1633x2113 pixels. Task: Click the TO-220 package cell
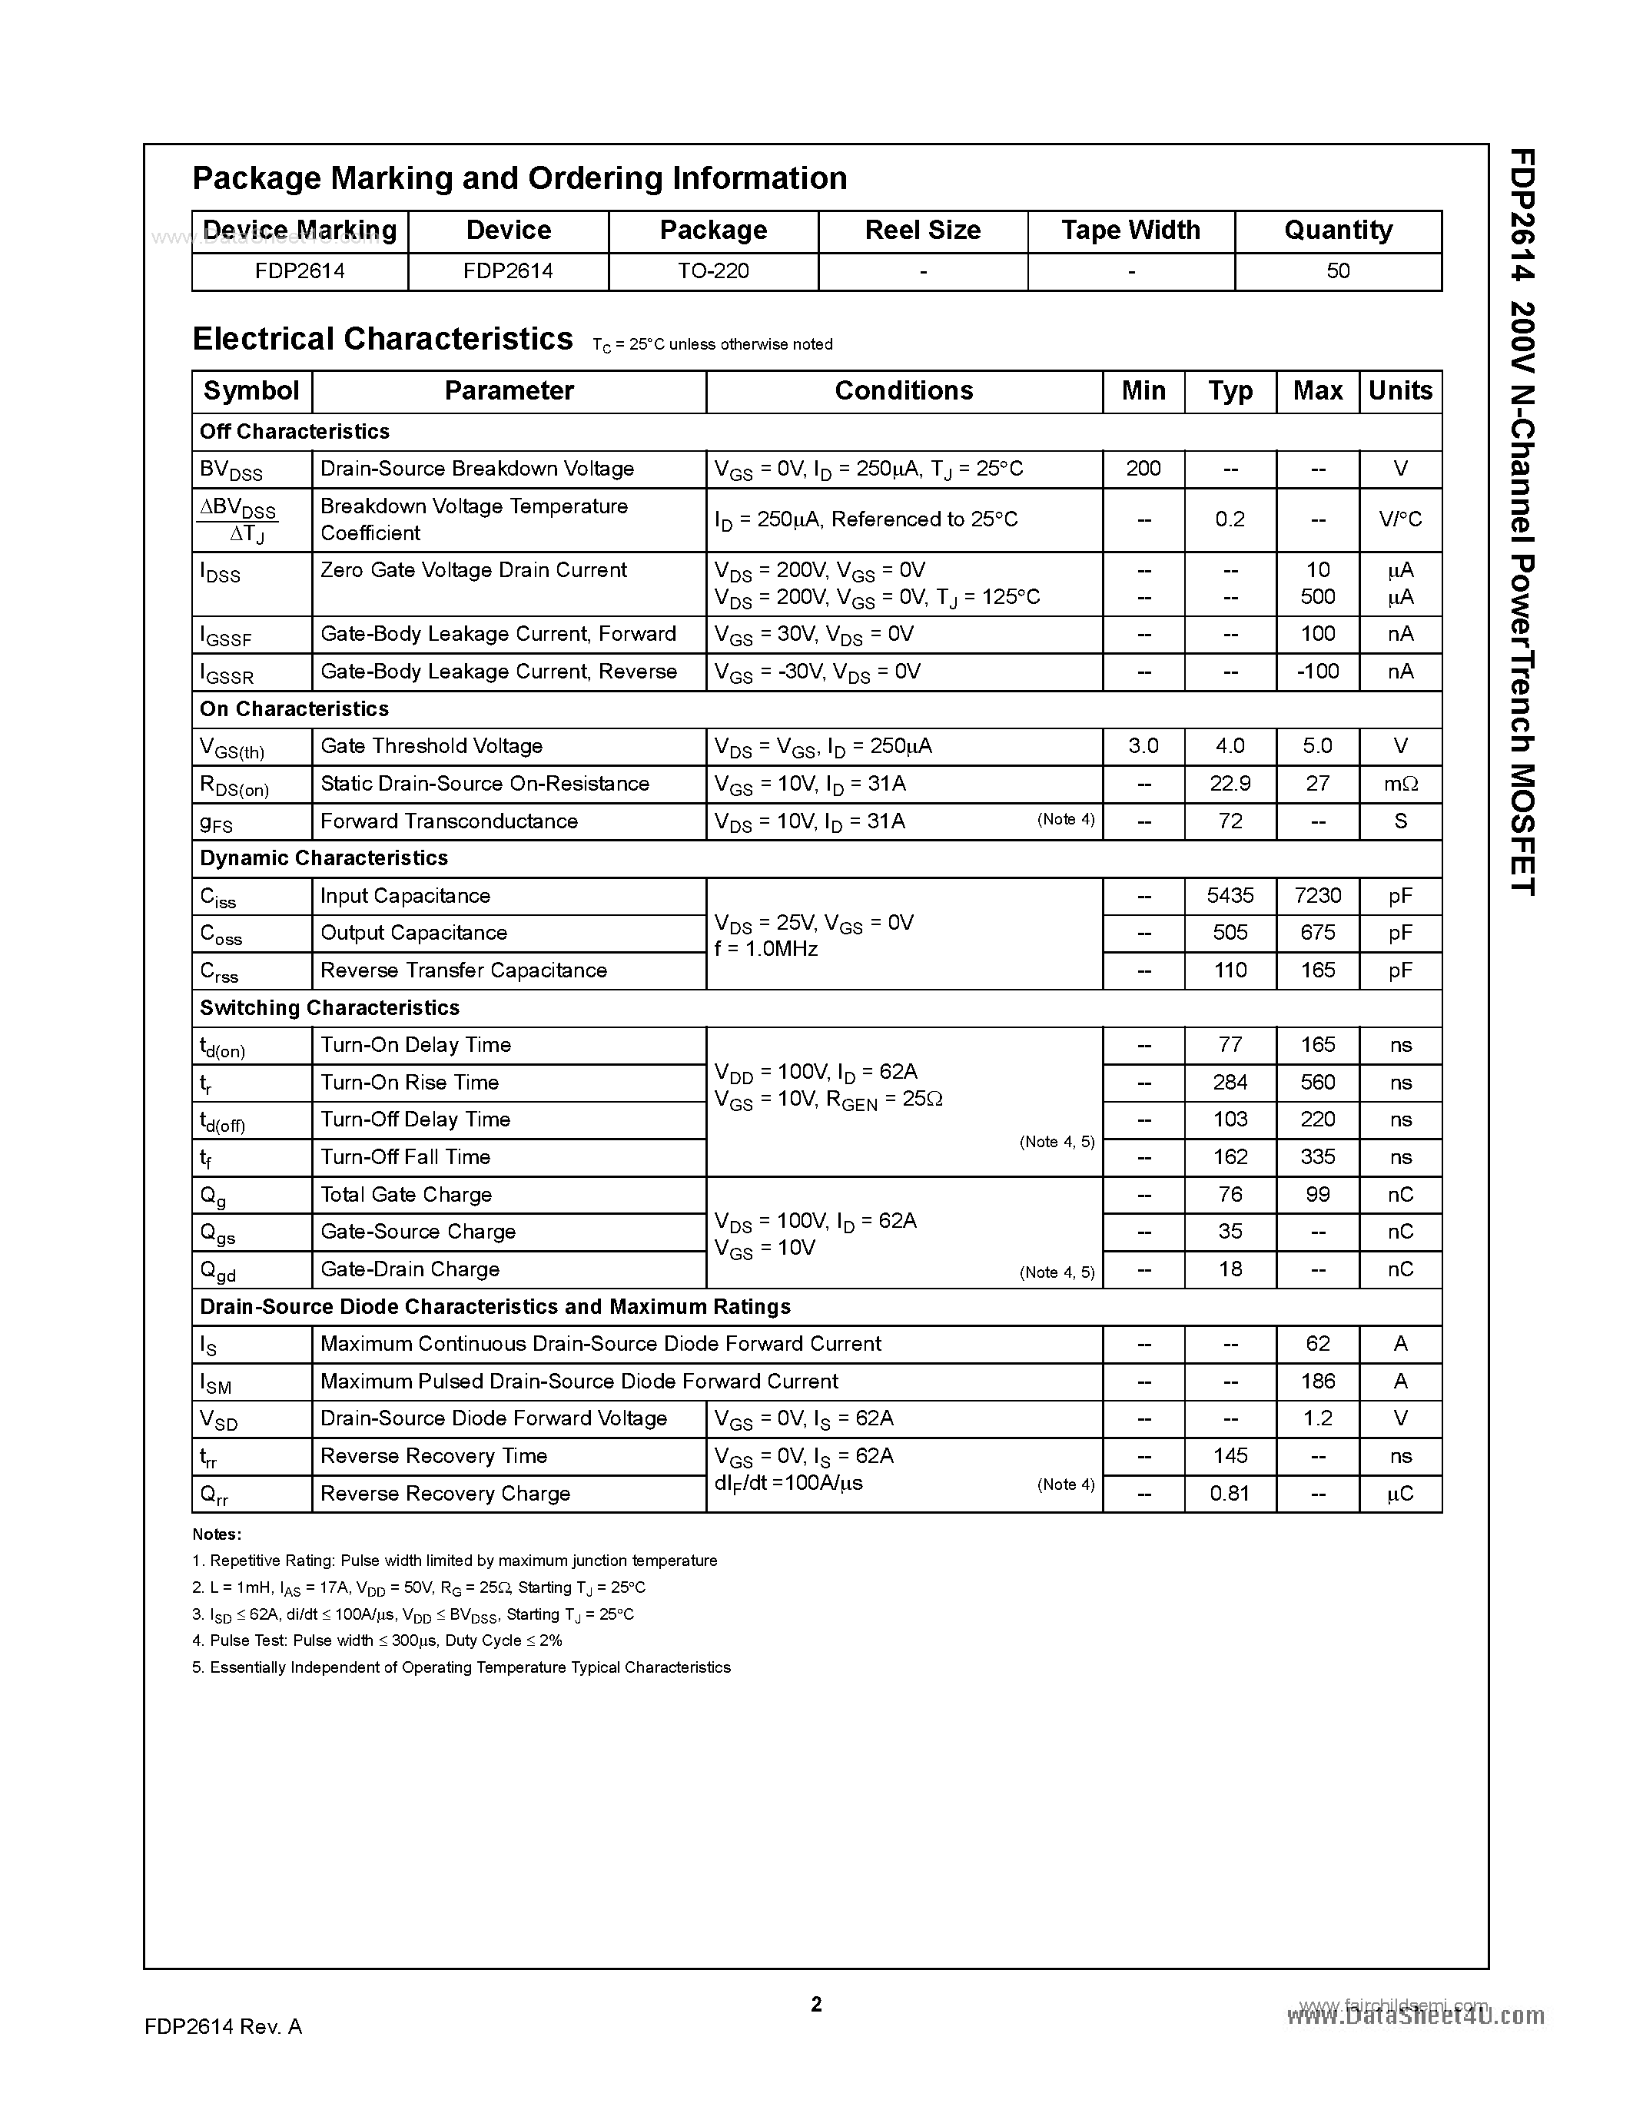point(713,271)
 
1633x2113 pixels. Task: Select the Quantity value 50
point(1337,271)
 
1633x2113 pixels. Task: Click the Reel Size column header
point(922,231)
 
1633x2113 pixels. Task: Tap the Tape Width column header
point(1130,231)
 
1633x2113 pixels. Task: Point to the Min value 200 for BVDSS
point(1143,468)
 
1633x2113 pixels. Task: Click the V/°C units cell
point(1400,519)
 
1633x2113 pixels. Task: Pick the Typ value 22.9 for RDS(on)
point(1230,784)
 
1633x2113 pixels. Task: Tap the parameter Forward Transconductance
point(449,821)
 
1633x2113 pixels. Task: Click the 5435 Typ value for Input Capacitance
point(1230,896)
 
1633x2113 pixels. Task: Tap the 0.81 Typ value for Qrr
point(1230,1494)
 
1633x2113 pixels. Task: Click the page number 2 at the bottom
point(815,2005)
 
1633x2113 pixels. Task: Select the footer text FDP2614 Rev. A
point(224,2027)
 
